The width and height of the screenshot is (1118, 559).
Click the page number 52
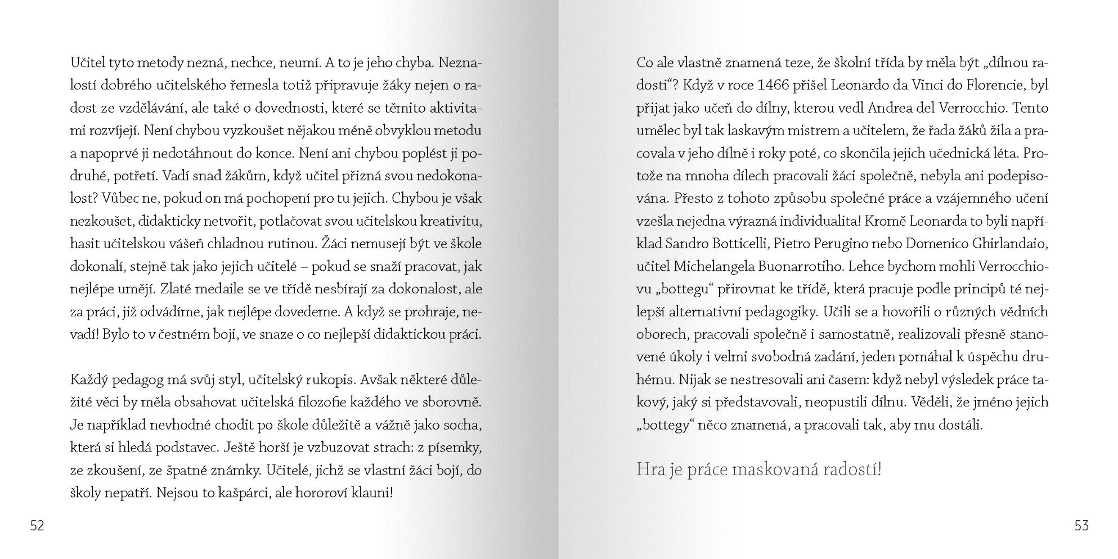tap(37, 526)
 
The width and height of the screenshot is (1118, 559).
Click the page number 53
tap(1081, 526)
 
